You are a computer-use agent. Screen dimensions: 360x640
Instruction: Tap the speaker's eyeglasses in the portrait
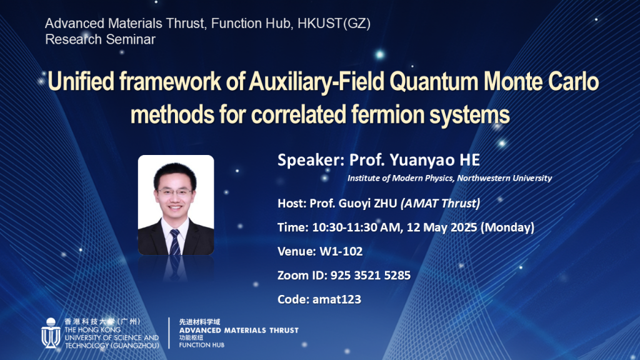pos(175,192)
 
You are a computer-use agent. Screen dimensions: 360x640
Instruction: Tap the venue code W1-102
pos(341,251)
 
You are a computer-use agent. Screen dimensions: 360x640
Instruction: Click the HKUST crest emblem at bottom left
pos(51,333)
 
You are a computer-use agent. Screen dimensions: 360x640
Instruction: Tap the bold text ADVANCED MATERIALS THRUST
pos(239,330)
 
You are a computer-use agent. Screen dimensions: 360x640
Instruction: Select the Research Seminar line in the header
pos(100,39)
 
